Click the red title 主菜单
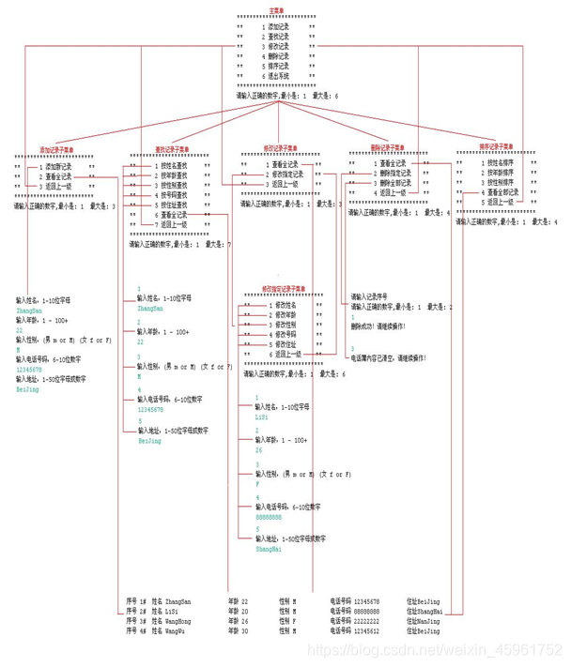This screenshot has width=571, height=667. pyautogui.click(x=276, y=9)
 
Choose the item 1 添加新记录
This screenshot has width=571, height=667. pyautogui.click(x=55, y=166)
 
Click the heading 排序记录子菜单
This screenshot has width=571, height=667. pyautogui.click(x=497, y=146)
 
